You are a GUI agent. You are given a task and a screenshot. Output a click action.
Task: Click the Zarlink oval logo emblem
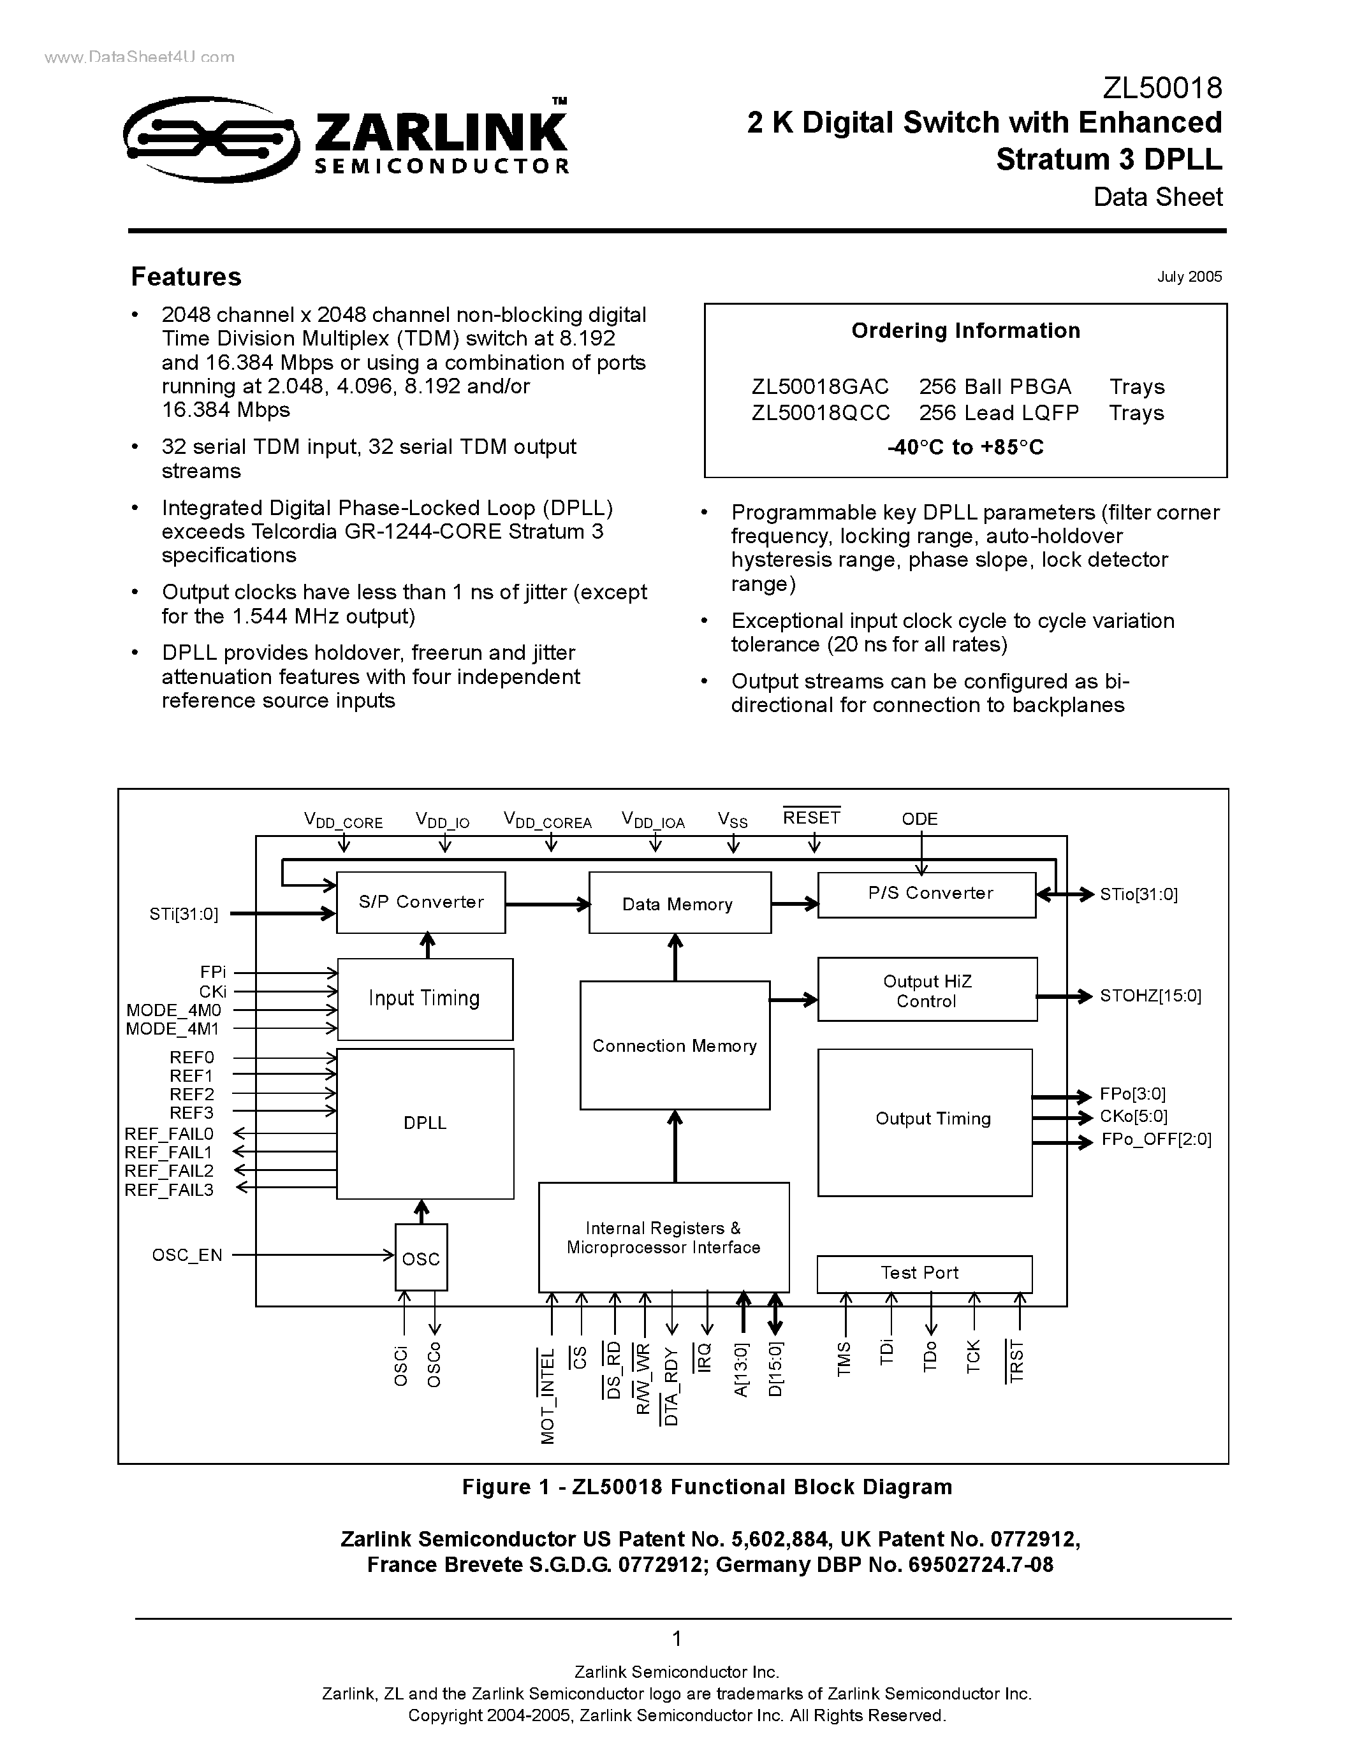pyautogui.click(x=210, y=139)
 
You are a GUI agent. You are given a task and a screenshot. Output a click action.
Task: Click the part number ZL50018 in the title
pyautogui.click(x=1162, y=87)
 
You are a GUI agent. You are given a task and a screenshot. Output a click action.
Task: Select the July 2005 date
pyautogui.click(x=1189, y=277)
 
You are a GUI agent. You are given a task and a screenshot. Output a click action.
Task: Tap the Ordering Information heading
pyautogui.click(x=965, y=331)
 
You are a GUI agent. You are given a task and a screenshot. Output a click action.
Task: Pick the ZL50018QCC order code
pyautogui.click(x=821, y=412)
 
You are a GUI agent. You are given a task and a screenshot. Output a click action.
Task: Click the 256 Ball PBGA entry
pyautogui.click(x=995, y=387)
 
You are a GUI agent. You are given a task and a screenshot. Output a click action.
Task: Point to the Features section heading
pyautogui.click(x=186, y=277)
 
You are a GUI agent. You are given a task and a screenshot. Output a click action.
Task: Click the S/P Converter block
pyautogui.click(x=421, y=902)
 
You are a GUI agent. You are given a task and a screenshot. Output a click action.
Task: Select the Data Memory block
pyautogui.click(x=679, y=904)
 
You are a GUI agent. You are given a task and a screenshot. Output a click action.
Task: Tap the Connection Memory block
pyautogui.click(x=674, y=1045)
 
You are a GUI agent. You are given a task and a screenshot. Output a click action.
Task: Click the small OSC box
pyautogui.click(x=421, y=1258)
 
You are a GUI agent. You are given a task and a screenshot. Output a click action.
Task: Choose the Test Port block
pyautogui.click(x=923, y=1273)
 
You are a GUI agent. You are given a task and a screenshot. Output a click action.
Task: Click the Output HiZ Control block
pyautogui.click(x=927, y=991)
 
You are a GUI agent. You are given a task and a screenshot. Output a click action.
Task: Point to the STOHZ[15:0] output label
pyautogui.click(x=1150, y=996)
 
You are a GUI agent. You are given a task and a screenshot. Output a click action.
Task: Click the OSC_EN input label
pyautogui.click(x=187, y=1255)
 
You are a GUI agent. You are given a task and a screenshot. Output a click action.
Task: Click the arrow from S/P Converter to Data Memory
pyautogui.click(x=546, y=905)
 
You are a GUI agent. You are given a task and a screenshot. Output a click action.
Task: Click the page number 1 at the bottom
pyautogui.click(x=677, y=1638)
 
